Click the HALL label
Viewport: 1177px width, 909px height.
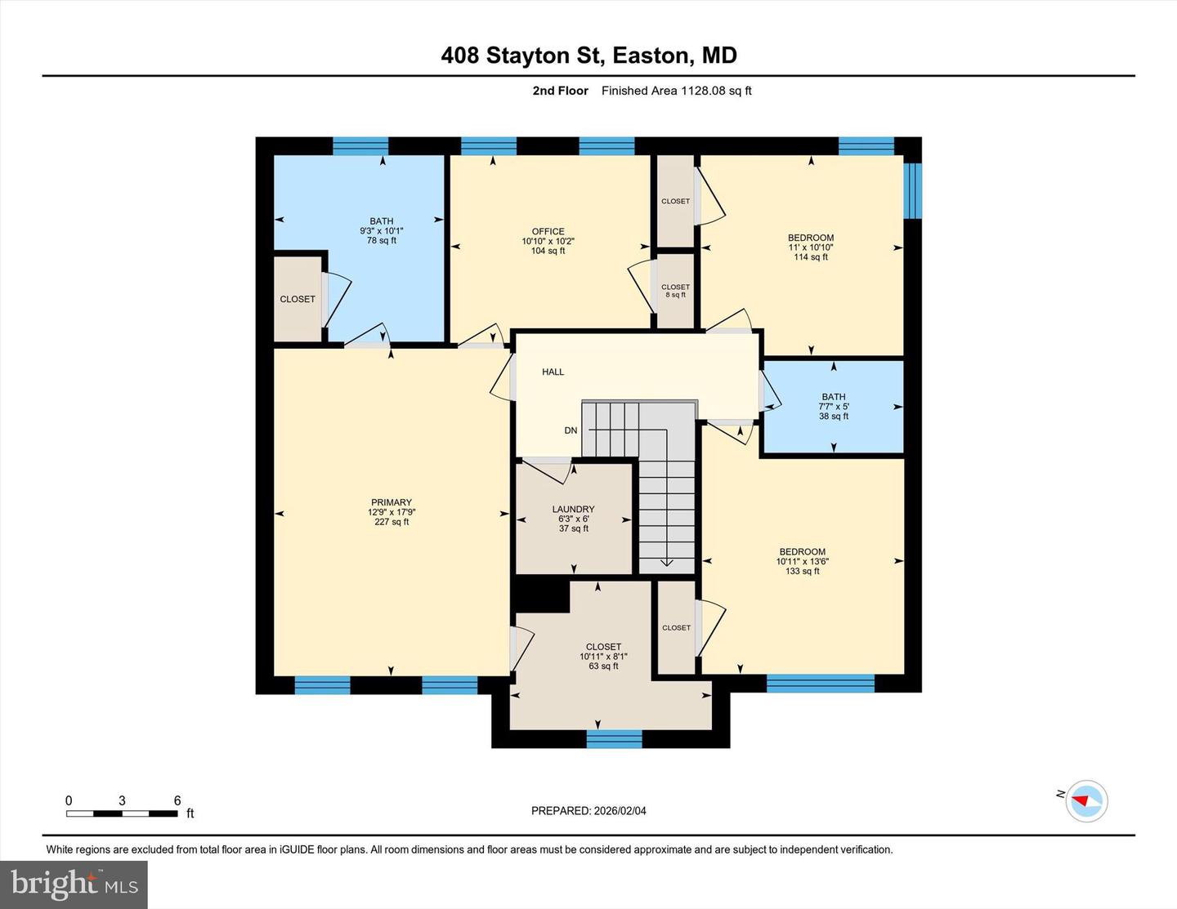553,372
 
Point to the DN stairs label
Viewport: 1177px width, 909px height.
571,430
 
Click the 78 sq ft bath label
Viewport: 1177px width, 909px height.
382,231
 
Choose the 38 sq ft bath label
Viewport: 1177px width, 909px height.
834,407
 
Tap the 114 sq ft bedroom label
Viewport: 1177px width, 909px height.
811,247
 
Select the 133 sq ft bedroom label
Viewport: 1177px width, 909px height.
802,562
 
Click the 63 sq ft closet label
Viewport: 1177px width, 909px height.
603,657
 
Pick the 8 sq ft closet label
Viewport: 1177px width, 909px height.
675,291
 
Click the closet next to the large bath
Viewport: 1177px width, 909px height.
298,300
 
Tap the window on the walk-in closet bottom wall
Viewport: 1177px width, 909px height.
615,739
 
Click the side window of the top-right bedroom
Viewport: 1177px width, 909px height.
913,191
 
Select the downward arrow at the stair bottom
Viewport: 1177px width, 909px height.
665,561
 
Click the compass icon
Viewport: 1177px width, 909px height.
1086,800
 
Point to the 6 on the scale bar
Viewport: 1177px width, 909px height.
177,801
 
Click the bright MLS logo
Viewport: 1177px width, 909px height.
74,884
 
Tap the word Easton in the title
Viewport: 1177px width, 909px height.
651,56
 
